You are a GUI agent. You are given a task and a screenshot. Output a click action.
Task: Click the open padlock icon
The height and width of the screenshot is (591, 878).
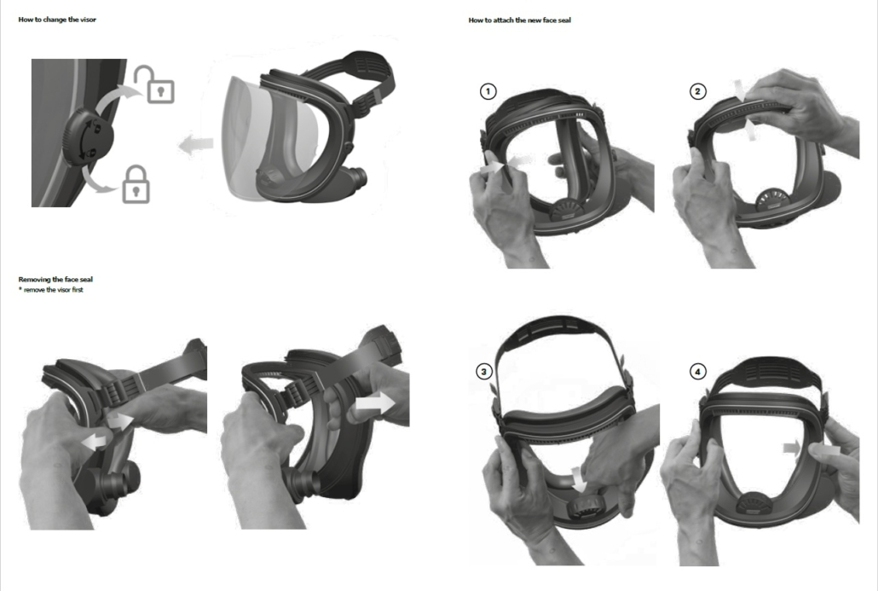pos(154,85)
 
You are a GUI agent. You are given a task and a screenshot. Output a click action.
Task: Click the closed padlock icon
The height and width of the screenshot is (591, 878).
pos(136,184)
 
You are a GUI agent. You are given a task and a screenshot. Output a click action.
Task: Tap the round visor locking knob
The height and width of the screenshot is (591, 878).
pos(89,138)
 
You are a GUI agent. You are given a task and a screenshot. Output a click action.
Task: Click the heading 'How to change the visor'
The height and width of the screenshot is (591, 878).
pos(57,20)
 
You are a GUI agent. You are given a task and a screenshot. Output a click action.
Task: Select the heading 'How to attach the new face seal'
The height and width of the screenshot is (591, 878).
pos(520,20)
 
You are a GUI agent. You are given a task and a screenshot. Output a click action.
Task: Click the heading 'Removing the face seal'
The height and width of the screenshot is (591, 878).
pos(55,279)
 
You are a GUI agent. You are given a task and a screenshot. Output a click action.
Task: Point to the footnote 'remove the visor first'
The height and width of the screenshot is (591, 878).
pos(53,290)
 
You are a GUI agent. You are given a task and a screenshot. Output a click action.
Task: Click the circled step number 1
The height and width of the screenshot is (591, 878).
pos(488,91)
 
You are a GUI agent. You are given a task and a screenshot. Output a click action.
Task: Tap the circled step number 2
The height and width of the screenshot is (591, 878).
pos(697,91)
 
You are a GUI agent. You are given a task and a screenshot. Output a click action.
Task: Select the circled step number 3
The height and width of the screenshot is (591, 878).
pos(484,372)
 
